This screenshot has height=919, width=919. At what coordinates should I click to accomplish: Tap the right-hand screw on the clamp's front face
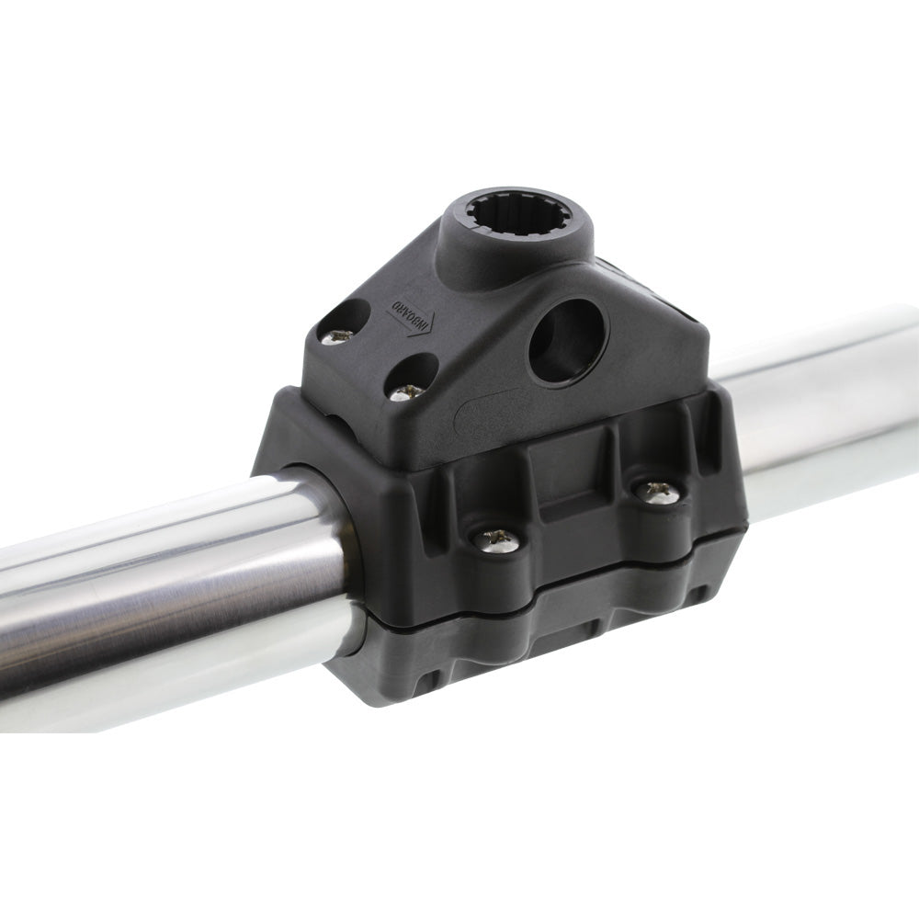(658, 492)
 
